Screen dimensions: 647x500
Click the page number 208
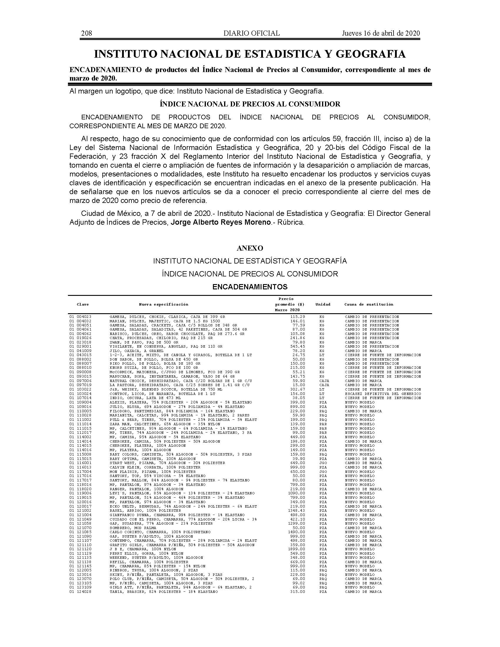pos(86,33)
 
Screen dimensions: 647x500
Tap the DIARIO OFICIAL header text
pos(251,33)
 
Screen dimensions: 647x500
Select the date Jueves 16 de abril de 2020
pos(381,33)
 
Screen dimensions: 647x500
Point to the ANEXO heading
pos(250,248)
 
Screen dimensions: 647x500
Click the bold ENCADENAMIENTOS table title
pos(250,287)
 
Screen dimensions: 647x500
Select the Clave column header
pos(83,304)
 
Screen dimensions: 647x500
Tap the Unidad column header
pos(323,304)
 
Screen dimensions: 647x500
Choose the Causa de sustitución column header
pos(369,304)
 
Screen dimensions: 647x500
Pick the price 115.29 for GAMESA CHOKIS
pos(298,317)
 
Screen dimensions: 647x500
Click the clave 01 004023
pos(80,317)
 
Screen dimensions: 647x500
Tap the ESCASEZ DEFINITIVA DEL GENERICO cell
pos(383,394)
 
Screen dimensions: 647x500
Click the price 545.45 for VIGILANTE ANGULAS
pos(298,346)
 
